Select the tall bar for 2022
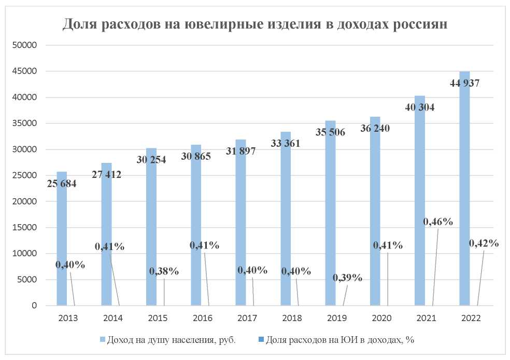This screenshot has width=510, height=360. point(464,197)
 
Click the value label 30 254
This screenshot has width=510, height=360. point(151,160)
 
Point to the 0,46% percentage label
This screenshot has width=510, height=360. point(438,222)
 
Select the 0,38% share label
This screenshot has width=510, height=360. point(164,271)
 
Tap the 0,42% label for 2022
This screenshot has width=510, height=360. point(484,243)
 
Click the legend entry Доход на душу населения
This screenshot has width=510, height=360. point(171,340)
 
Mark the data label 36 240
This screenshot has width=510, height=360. point(375,128)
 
